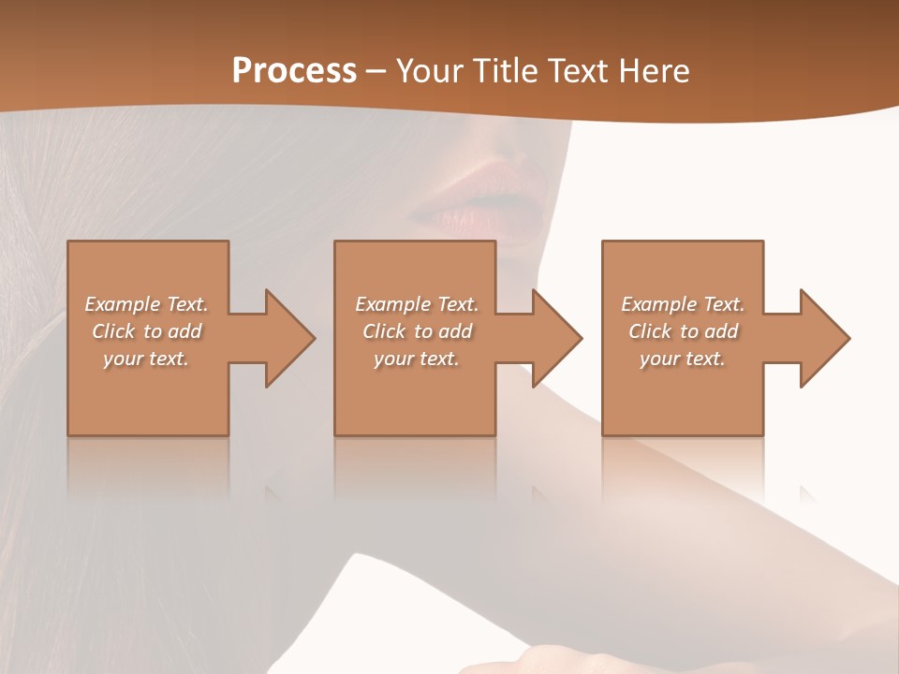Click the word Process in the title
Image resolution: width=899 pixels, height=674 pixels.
coord(294,71)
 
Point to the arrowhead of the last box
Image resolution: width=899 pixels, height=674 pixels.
coord(823,338)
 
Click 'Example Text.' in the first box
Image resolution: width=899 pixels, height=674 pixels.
coord(146,304)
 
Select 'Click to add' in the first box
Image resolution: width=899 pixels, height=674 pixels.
coord(146,331)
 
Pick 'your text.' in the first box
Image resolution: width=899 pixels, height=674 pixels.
coord(146,359)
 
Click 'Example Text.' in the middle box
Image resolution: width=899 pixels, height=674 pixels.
coord(417,304)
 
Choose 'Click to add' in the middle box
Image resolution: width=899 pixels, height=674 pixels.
coord(417,331)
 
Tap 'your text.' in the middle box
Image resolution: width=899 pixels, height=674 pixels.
coord(417,359)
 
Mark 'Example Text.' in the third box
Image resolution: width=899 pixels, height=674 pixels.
coord(683,304)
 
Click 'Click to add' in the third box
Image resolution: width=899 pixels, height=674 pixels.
coord(683,331)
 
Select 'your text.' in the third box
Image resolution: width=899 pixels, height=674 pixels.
coord(683,359)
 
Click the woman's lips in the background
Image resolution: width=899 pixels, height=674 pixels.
coord(487,201)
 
